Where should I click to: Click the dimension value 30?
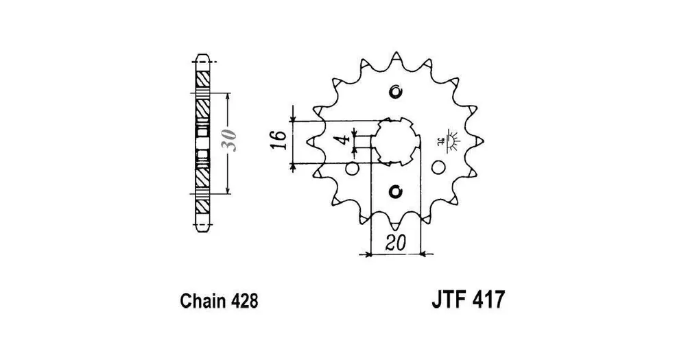click(x=230, y=141)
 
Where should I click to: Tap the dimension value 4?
click(x=342, y=141)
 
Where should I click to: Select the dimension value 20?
click(x=396, y=243)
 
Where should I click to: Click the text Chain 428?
click(x=219, y=301)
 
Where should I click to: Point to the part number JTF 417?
click(x=468, y=300)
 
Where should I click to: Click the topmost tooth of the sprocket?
click(x=396, y=58)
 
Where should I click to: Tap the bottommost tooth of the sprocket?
click(x=396, y=225)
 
